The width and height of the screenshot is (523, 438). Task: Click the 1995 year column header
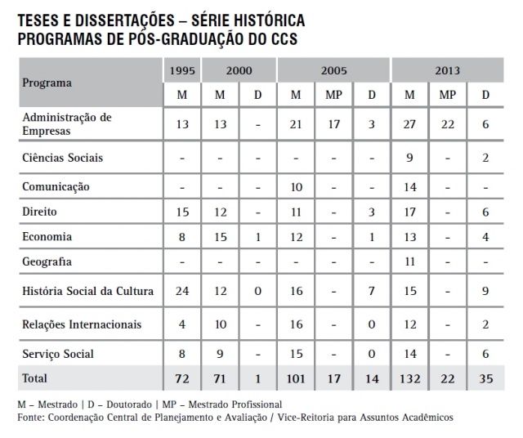(x=182, y=69)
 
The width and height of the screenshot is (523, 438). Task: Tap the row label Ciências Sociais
(x=62, y=158)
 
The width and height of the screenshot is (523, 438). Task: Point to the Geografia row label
(x=47, y=262)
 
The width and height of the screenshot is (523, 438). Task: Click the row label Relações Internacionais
(x=82, y=324)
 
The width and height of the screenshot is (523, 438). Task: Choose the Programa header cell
(x=47, y=83)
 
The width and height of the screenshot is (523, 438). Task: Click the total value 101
(x=297, y=379)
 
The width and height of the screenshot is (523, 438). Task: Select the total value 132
(x=410, y=379)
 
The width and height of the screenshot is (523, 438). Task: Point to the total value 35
(x=485, y=379)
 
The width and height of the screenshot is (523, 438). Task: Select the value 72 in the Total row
(x=182, y=379)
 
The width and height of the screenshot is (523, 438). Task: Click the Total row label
(x=35, y=378)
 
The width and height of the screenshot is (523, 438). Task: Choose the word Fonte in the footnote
(x=31, y=417)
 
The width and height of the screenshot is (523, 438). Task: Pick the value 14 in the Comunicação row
(x=410, y=187)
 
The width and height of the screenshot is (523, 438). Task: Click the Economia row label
(x=47, y=237)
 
